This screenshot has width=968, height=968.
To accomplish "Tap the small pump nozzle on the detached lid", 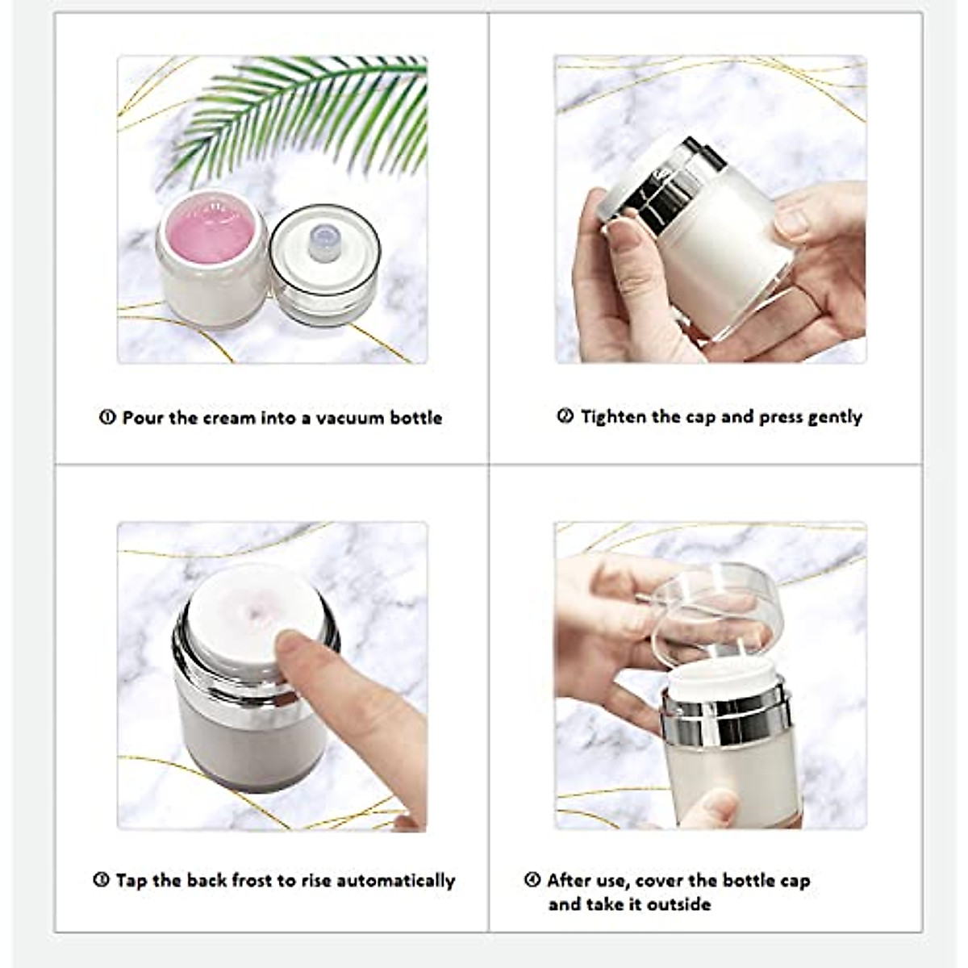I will pyautogui.click(x=323, y=242).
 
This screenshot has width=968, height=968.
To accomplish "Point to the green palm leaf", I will pyautogui.click(x=307, y=113).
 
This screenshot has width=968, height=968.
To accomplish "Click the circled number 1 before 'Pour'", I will pyautogui.click(x=107, y=418).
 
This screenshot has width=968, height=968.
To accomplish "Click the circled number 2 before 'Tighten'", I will pyautogui.click(x=565, y=417).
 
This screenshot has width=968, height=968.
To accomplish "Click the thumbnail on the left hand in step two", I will pyautogui.click(x=623, y=235).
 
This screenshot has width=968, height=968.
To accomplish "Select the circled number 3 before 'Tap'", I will pyautogui.click(x=102, y=880).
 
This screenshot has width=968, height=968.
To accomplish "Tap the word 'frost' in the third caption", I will pyautogui.click(x=253, y=880).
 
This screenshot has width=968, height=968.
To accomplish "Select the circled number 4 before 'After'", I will pyautogui.click(x=532, y=880).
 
